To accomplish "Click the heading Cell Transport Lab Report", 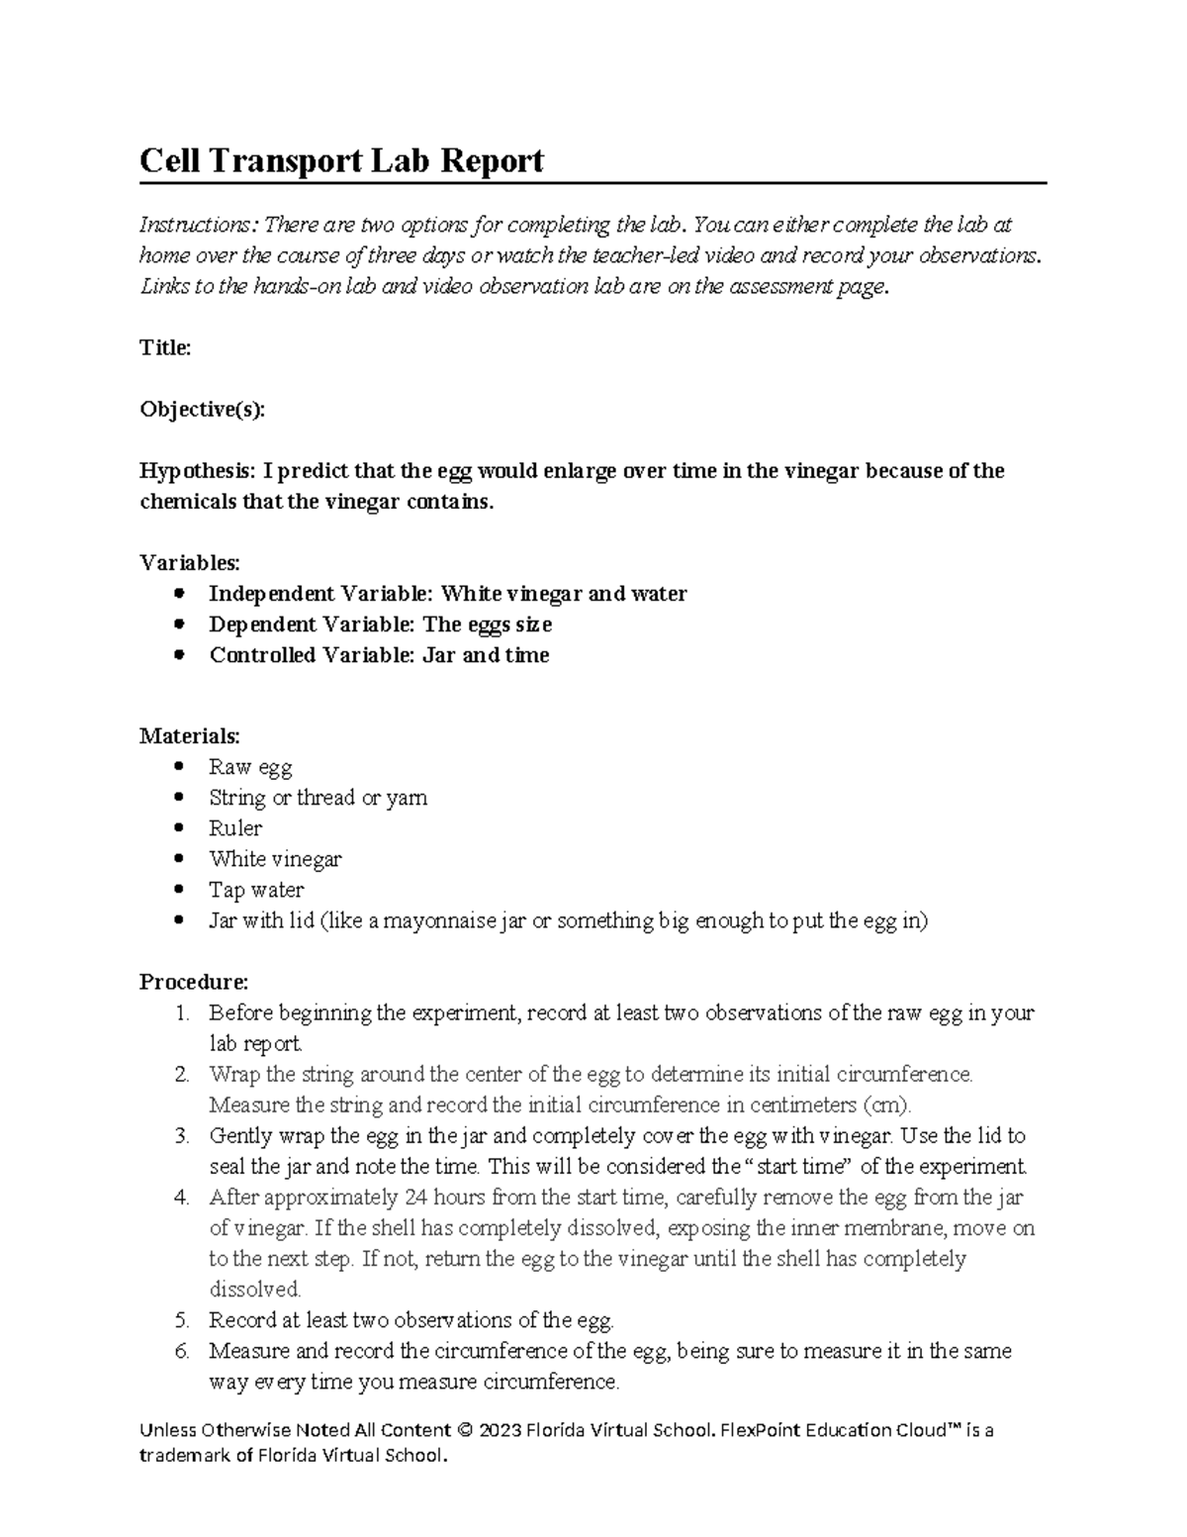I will [341, 160].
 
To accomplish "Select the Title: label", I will [164, 348].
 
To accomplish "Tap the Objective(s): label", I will [202, 410].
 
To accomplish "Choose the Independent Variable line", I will [447, 594].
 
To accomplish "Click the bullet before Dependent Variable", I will [178, 624].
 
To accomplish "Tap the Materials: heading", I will [189, 736].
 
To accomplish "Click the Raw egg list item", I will [250, 767].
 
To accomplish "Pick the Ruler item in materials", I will [235, 828].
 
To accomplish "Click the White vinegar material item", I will [275, 859].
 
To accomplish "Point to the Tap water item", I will [256, 890].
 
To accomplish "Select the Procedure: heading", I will [194, 983].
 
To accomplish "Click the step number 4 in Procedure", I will [180, 1198].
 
